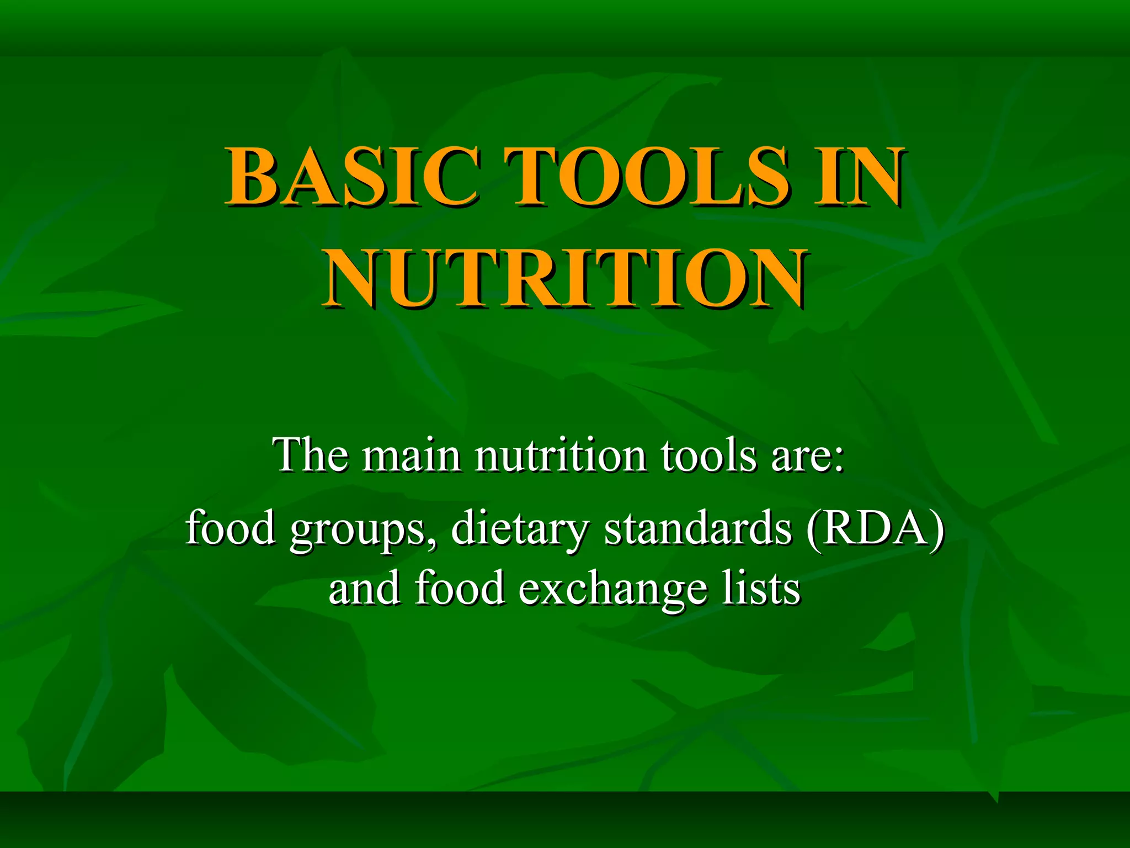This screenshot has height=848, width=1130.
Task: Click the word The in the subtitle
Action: coord(311,455)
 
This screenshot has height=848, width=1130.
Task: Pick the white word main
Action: coord(411,455)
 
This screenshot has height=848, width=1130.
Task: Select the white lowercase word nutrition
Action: coord(561,455)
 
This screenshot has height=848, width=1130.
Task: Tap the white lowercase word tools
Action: coord(708,455)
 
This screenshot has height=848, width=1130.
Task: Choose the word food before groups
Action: coord(231,527)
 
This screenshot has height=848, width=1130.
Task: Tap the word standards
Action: coord(699,527)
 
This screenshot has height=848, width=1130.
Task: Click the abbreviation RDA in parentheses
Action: coord(875,527)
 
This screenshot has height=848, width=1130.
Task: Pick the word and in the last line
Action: coord(364,588)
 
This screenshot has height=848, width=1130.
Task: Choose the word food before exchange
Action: coord(460,588)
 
